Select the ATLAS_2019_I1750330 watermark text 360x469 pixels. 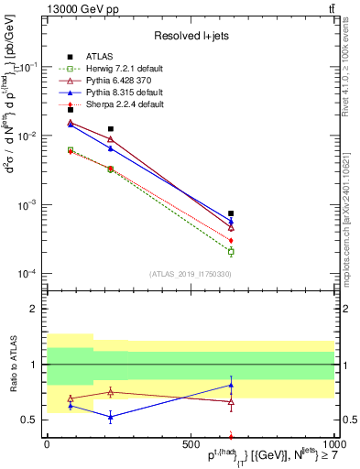[x=191, y=274]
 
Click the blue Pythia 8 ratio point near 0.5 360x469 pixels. [x=111, y=417]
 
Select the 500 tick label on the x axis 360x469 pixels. [x=191, y=444]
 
